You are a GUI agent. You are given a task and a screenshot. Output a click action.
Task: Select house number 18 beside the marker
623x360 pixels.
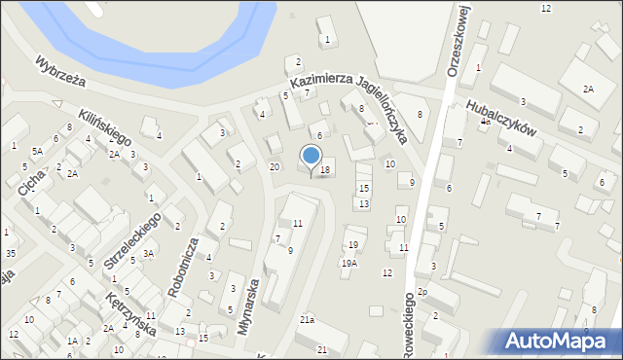[x=325, y=170]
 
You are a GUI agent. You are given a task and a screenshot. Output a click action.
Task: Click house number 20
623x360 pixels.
[x=275, y=167]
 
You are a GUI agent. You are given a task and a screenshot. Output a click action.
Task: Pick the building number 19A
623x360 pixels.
[x=348, y=263]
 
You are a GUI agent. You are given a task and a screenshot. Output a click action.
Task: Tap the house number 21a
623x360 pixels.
[x=307, y=319]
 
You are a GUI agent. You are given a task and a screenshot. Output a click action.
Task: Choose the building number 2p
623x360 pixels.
[x=422, y=292]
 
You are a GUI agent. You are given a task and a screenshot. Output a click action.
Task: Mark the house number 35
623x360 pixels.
[x=10, y=253]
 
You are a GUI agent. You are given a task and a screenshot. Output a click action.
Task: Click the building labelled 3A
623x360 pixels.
[x=149, y=253]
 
